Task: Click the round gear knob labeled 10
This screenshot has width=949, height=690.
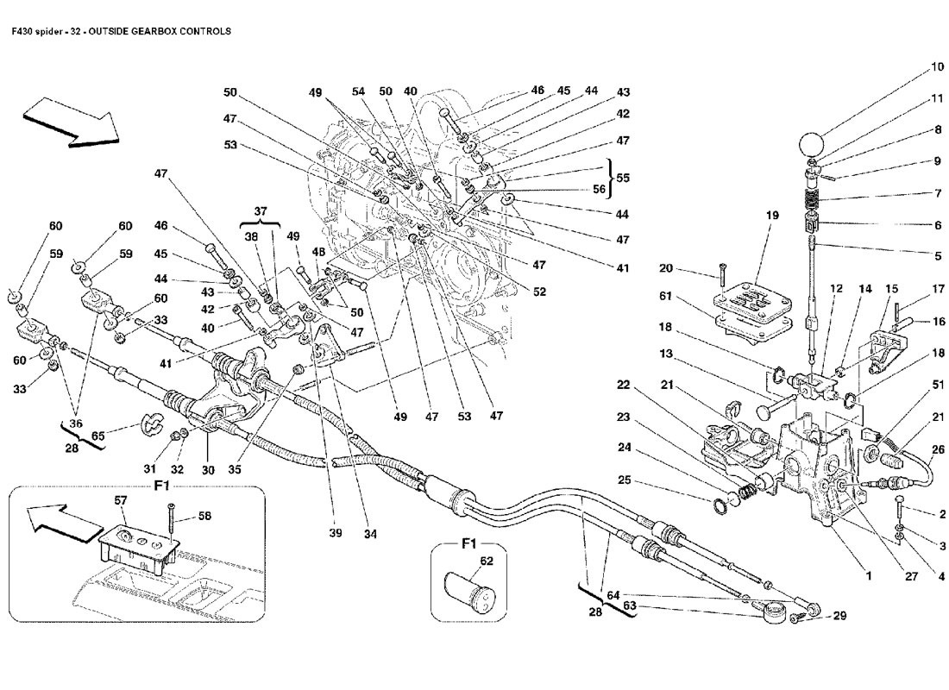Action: [813, 143]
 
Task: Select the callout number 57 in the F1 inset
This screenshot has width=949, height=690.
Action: [121, 500]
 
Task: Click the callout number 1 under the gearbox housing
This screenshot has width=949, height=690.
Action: [869, 574]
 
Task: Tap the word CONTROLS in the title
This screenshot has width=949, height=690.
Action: [204, 31]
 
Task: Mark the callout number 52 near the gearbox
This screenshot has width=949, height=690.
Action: [540, 292]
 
